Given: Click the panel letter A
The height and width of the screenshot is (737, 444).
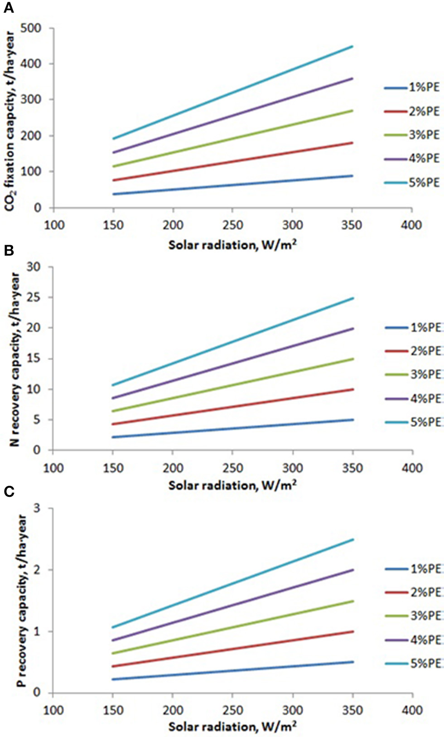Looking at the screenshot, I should (x=8, y=8).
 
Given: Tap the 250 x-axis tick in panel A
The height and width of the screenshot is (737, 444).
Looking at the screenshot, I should (x=232, y=225).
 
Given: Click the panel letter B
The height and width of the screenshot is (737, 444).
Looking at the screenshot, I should (x=8, y=250).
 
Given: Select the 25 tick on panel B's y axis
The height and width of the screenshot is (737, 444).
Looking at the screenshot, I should (x=34, y=297).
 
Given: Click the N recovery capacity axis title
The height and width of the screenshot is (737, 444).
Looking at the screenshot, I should (x=15, y=359).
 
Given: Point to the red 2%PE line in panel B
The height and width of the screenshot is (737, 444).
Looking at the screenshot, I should (x=232, y=407).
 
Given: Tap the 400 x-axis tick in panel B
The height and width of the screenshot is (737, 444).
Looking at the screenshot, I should (x=412, y=468).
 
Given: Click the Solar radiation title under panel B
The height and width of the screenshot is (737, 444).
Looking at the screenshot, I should (x=232, y=485).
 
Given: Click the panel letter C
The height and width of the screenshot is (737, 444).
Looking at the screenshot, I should (x=8, y=492).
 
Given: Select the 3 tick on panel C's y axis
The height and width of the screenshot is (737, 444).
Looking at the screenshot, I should (x=37, y=508).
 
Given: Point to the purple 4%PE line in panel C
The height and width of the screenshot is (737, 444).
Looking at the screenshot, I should (x=232, y=606).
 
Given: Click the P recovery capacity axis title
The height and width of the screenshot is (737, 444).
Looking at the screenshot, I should (x=21, y=601).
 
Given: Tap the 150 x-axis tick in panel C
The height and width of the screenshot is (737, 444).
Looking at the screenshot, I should (x=113, y=710).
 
